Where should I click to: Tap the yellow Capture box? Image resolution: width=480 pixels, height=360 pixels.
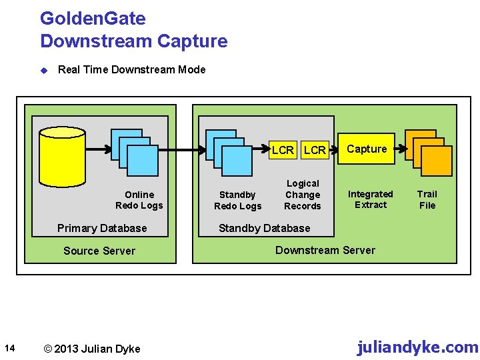click(367, 149)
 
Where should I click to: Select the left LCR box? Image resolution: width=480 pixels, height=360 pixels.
click(283, 150)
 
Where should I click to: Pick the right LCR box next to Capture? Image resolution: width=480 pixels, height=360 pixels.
click(315, 150)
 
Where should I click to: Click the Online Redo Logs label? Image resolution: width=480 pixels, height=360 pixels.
click(139, 200)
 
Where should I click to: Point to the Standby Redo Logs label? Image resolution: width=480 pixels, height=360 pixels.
click(237, 200)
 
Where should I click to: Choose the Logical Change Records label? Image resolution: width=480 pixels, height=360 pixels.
click(303, 195)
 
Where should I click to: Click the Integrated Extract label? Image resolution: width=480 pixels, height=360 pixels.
click(371, 199)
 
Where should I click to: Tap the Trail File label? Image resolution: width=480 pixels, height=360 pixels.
click(427, 199)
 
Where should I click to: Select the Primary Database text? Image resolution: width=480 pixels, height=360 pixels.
click(102, 228)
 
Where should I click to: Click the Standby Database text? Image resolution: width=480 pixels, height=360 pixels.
click(265, 228)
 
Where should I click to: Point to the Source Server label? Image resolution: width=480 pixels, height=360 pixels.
click(99, 251)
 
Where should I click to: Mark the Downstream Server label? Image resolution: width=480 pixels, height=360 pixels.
click(325, 250)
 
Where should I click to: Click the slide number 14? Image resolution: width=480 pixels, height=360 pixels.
click(9, 347)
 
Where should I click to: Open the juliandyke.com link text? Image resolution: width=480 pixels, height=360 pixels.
click(417, 347)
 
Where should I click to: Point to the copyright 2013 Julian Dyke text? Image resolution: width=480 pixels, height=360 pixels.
click(91, 349)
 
